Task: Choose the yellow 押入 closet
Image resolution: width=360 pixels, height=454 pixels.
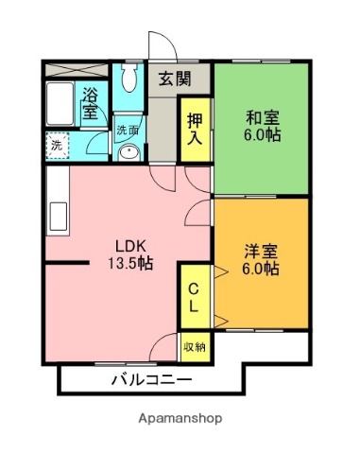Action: click(x=194, y=128)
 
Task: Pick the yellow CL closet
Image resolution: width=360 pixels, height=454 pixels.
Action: click(x=193, y=295)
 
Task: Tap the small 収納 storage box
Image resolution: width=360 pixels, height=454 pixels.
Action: click(x=193, y=347)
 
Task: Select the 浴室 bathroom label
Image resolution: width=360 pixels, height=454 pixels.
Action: click(x=91, y=103)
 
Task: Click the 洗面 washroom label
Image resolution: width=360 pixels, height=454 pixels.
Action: click(x=128, y=131)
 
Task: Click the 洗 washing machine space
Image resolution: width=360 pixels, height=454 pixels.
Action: click(x=56, y=147)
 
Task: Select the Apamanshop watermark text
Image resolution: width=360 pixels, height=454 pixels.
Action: click(x=180, y=417)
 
